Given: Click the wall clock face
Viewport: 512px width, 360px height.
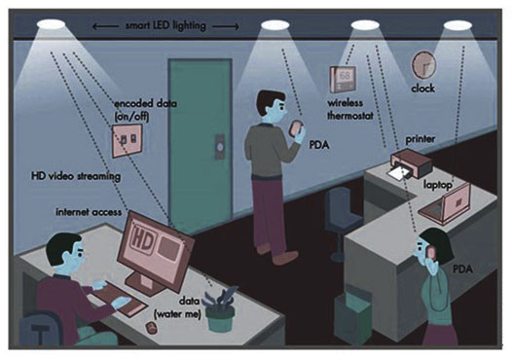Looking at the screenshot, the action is [x=425, y=64].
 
